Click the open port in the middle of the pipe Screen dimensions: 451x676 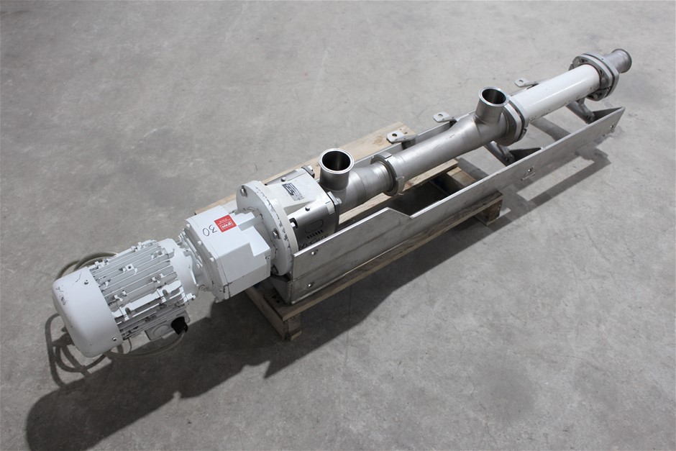(x=493, y=96)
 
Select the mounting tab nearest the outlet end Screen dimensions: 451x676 (x=524, y=83)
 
